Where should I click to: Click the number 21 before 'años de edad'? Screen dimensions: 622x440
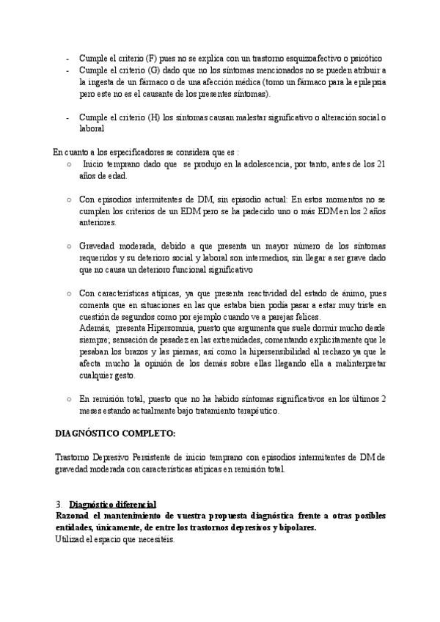pos(381,165)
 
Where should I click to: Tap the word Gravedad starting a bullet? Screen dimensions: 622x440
pos(98,246)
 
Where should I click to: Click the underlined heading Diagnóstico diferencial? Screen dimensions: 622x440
pos(112,505)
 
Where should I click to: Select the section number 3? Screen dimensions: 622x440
pos(58,505)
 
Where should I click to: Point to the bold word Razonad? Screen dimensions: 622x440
pos(73,516)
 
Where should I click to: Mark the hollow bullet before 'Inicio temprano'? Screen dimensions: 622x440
pos(69,165)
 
